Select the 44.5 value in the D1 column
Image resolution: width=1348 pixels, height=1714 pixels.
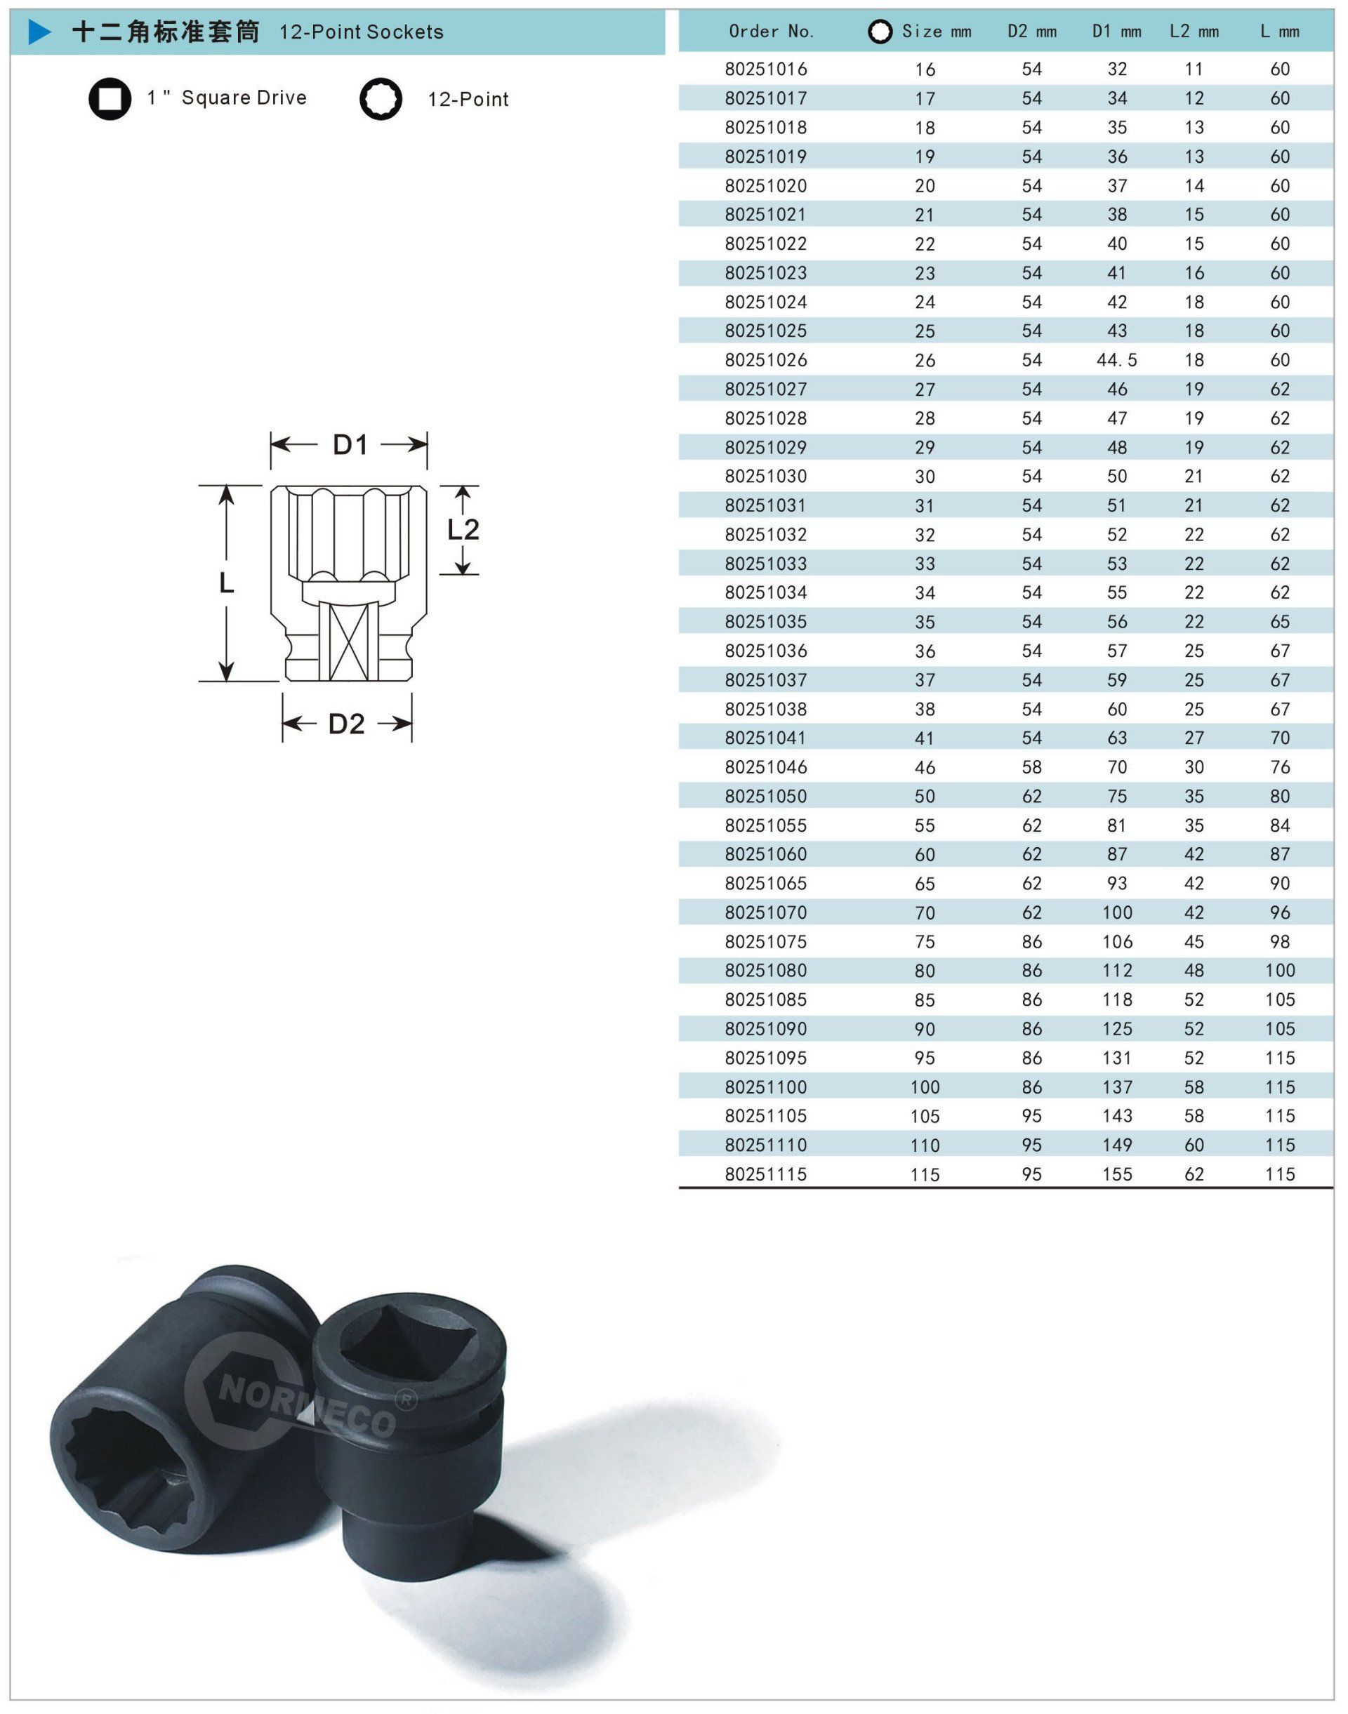[x=1116, y=360]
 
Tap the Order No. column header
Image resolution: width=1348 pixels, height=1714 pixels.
[x=771, y=32]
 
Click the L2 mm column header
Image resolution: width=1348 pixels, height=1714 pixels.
[x=1194, y=32]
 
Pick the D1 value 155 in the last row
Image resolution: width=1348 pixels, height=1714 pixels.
[x=1117, y=1174]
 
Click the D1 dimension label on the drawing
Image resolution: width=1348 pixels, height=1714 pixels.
[x=350, y=445]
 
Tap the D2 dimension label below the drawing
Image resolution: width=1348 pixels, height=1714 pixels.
[x=346, y=724]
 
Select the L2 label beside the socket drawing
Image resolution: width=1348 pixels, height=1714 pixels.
[x=463, y=529]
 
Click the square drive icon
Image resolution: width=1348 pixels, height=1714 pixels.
[x=110, y=99]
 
